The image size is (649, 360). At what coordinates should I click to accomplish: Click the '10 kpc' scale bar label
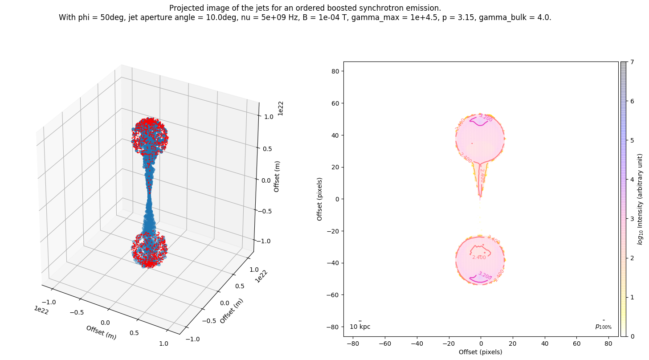click(360, 327)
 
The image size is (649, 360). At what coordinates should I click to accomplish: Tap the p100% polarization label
click(603, 327)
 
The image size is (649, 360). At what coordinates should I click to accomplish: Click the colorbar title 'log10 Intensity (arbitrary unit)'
click(640, 199)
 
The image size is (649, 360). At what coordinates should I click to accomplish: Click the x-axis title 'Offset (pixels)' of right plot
click(481, 352)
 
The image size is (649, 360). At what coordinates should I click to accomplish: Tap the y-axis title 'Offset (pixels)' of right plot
click(319, 199)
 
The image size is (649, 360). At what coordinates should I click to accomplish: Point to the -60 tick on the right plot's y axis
click(333, 295)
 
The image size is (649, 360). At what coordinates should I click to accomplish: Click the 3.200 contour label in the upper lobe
click(486, 118)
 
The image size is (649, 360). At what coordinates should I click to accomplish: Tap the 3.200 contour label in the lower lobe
click(484, 276)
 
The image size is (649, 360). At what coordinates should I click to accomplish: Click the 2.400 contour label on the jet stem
click(482, 176)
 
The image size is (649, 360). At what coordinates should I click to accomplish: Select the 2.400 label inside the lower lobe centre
click(479, 258)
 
